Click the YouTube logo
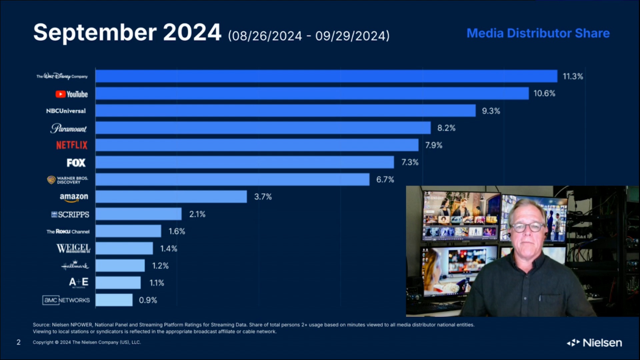click(x=71, y=94)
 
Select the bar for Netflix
click(x=257, y=145)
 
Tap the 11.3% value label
click(x=573, y=76)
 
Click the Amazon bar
click(x=171, y=197)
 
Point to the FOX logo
click(x=76, y=163)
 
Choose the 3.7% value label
click(x=263, y=197)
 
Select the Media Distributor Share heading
click(x=538, y=33)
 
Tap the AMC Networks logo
click(x=66, y=300)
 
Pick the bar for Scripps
click(x=138, y=214)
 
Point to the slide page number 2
click(x=19, y=342)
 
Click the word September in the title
click(x=95, y=33)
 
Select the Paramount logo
click(x=68, y=128)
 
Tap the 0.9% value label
click(x=148, y=300)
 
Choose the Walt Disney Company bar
click(x=326, y=76)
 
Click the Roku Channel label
click(x=68, y=231)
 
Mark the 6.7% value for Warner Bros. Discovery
click(x=385, y=180)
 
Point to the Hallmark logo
click(x=75, y=265)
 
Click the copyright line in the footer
click(x=87, y=342)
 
